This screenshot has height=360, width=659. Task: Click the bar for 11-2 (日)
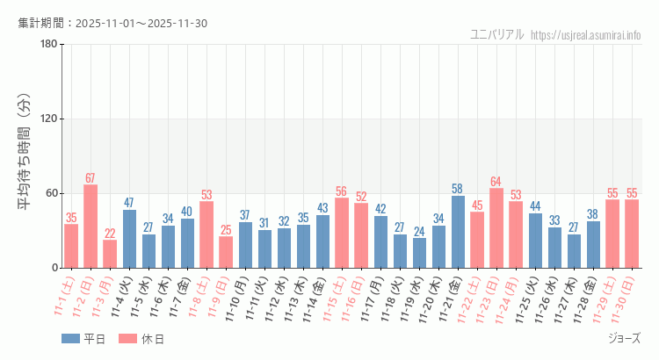(x=91, y=227)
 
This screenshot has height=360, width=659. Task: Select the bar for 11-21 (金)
(x=458, y=232)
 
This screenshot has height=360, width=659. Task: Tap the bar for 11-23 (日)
(x=496, y=228)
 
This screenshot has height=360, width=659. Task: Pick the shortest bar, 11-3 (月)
(x=110, y=254)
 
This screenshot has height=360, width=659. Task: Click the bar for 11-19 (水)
(x=419, y=253)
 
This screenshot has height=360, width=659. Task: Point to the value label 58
(x=458, y=189)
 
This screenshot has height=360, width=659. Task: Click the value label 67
(x=91, y=178)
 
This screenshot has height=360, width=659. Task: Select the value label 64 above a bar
(x=496, y=182)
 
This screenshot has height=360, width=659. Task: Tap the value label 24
(x=419, y=232)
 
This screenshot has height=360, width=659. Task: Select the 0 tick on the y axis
(x=54, y=268)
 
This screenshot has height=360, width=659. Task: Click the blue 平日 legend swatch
(x=70, y=339)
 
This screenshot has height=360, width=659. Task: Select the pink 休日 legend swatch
(x=128, y=339)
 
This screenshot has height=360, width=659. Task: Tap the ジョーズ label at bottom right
(x=624, y=338)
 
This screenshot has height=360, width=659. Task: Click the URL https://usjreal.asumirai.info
(x=586, y=34)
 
